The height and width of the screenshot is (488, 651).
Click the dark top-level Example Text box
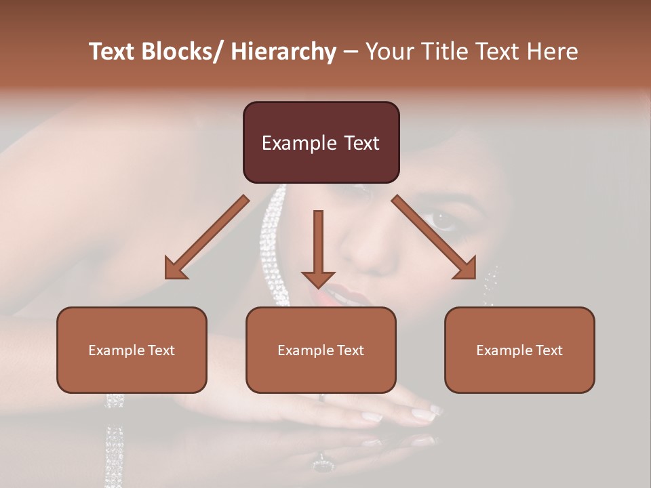point(321,142)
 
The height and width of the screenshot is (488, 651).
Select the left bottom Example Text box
point(132,350)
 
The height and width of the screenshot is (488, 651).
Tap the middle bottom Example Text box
point(321,350)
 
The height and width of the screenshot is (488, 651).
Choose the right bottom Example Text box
point(519,350)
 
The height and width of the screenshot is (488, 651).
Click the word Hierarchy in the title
point(283,52)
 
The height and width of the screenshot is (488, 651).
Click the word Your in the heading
point(389,52)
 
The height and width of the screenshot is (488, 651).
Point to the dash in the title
point(351,52)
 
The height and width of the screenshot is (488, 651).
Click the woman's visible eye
point(443,220)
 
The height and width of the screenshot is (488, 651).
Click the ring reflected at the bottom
point(322,466)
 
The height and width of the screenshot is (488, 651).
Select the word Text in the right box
point(549,350)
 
